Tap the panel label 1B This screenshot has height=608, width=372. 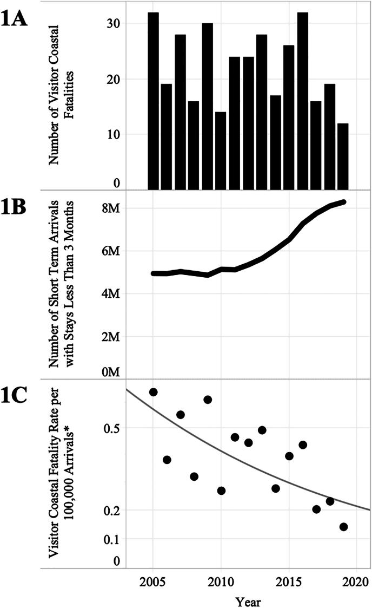point(21,208)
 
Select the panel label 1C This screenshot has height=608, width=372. point(21,398)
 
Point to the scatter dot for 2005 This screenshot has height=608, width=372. point(153,392)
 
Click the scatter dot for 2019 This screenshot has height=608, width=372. point(343,527)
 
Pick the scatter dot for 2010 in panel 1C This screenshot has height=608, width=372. point(221,491)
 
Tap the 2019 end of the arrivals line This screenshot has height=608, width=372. point(343,202)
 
